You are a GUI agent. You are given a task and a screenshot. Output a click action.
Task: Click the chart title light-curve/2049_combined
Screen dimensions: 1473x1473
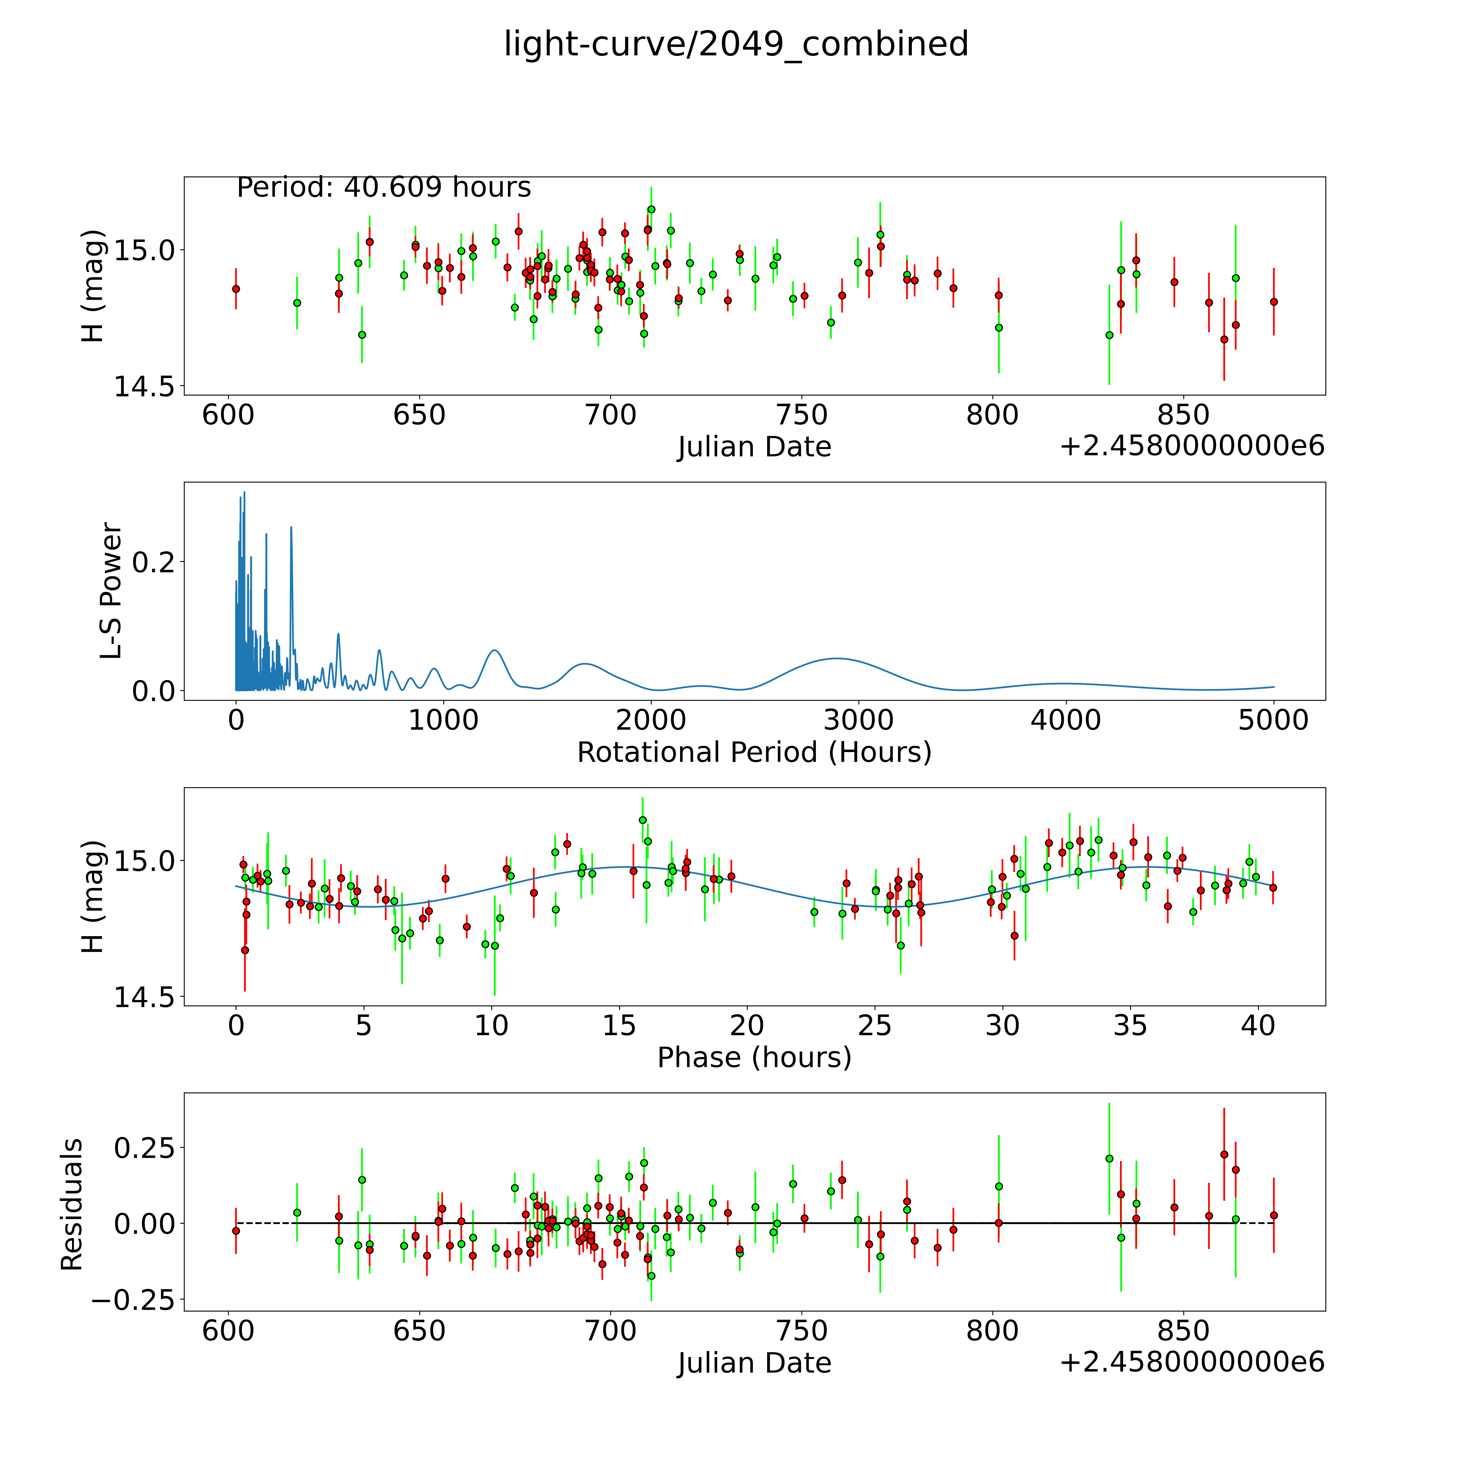(736, 44)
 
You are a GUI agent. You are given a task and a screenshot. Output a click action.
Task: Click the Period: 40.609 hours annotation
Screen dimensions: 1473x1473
(384, 188)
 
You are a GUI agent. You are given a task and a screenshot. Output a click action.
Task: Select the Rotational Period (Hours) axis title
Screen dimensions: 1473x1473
(754, 753)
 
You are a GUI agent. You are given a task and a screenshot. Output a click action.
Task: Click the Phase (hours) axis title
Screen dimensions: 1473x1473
(754, 1058)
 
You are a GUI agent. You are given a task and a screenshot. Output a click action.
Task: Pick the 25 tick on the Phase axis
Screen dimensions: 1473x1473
(875, 1025)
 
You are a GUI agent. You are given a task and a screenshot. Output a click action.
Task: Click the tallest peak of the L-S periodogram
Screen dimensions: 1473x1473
(244, 493)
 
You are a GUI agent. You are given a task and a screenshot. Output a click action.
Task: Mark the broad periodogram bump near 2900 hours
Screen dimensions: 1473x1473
(836, 658)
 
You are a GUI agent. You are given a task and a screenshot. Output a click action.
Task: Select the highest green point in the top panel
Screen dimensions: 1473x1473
(651, 209)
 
